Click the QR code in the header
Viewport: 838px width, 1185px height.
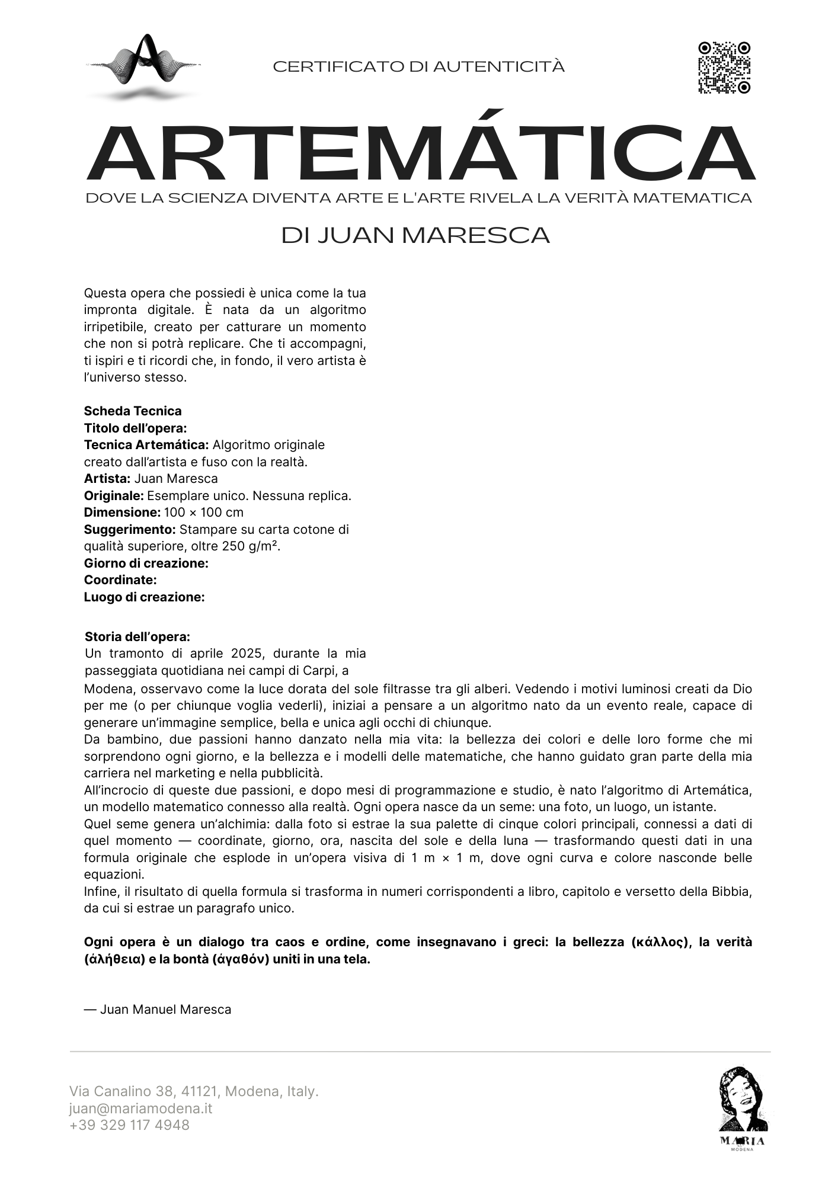(x=724, y=68)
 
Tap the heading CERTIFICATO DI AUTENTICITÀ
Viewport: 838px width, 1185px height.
(x=418, y=67)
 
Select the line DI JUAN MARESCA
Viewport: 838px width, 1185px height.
(x=415, y=235)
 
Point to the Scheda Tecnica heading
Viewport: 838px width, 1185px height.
(x=133, y=411)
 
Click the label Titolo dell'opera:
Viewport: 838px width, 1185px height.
(x=135, y=428)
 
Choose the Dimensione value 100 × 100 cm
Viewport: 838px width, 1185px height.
(x=203, y=512)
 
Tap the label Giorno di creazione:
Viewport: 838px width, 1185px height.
(x=146, y=563)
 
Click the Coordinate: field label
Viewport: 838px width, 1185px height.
(x=120, y=579)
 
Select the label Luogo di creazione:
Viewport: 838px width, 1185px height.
(x=144, y=597)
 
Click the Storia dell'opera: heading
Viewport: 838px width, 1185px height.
(x=137, y=636)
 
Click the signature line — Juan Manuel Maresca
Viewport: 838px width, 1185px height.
(x=158, y=1009)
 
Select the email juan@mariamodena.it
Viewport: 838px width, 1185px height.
(x=140, y=1108)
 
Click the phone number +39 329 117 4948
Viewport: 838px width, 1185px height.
(x=129, y=1125)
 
